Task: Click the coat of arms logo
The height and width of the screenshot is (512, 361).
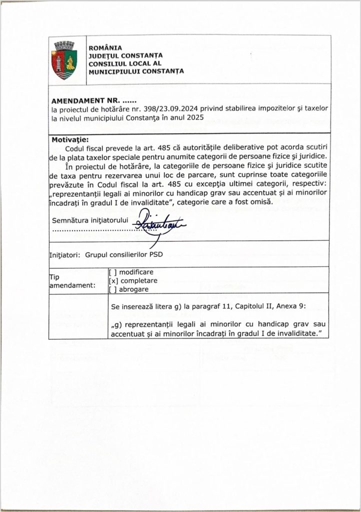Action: coord(64,60)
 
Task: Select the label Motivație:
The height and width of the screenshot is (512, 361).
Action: coord(70,139)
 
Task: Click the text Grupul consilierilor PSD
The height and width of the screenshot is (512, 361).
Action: coord(125,254)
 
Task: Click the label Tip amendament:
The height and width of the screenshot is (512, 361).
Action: coord(72,281)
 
